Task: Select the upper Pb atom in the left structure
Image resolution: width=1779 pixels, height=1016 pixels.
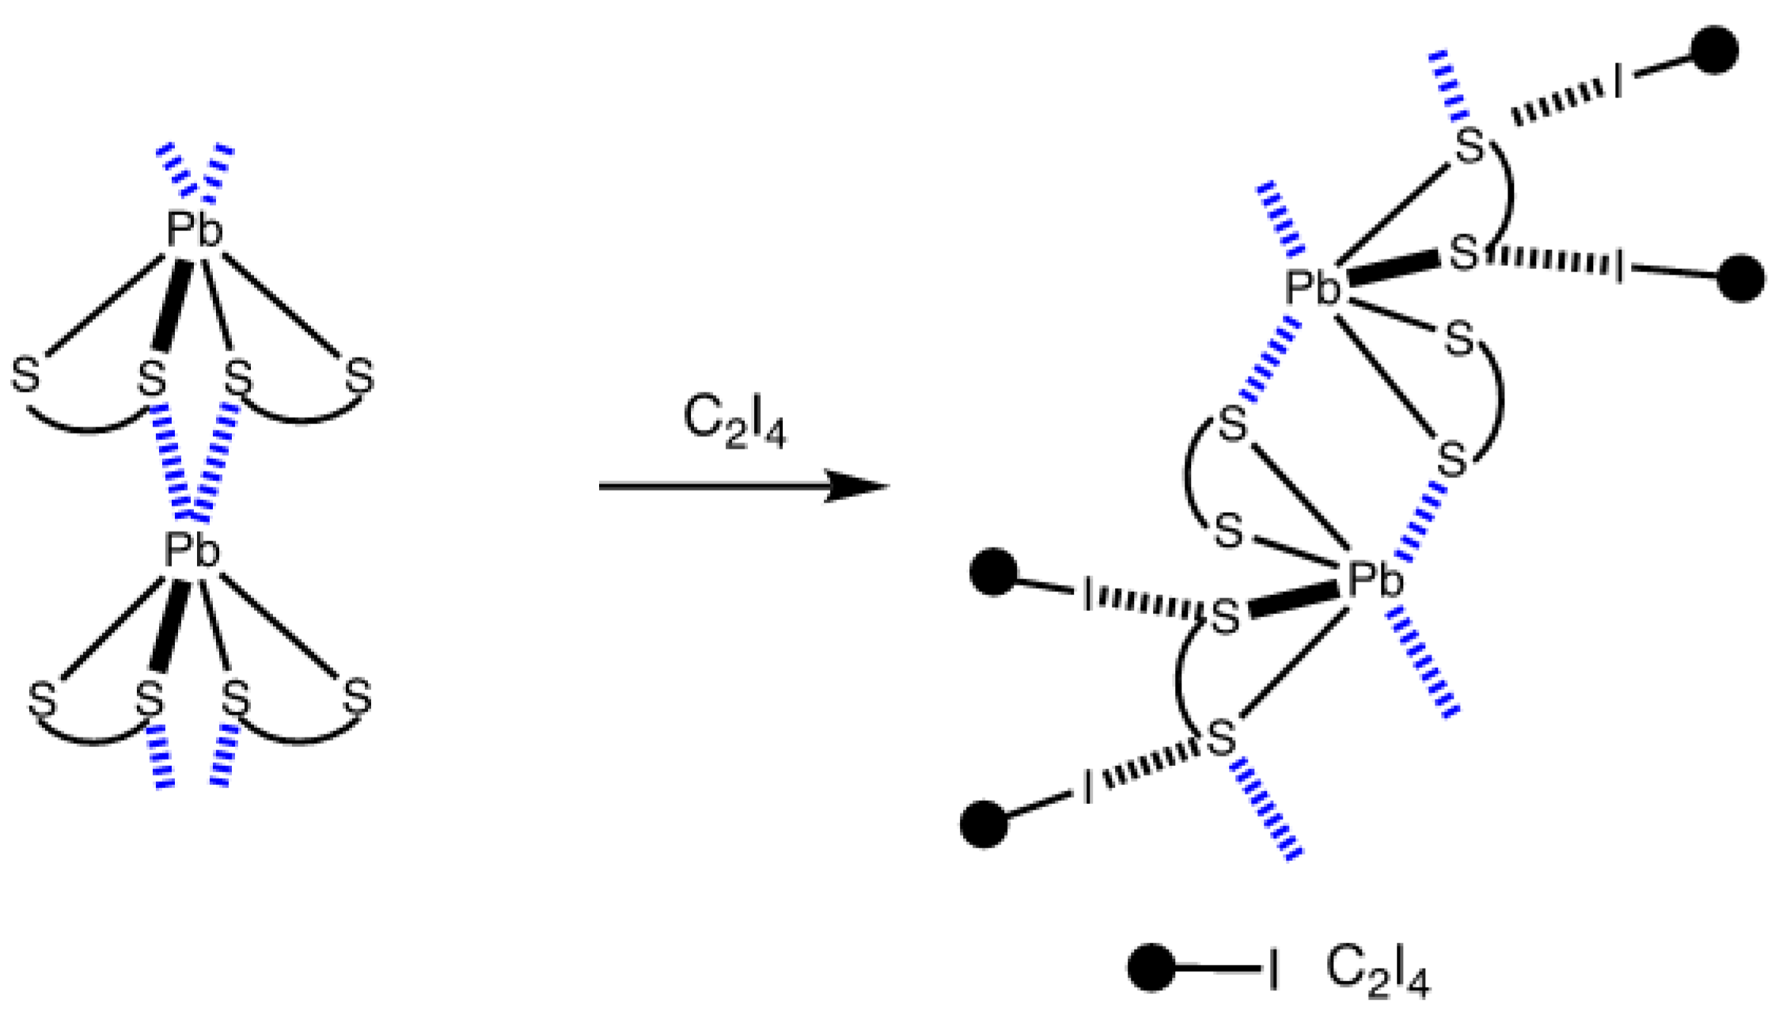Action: [x=195, y=231]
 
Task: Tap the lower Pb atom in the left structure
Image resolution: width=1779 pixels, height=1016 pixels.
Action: [x=192, y=551]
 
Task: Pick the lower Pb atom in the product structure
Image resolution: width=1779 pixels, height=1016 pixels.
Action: [x=1375, y=580]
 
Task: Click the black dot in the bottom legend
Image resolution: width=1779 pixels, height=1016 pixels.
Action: [x=1151, y=967]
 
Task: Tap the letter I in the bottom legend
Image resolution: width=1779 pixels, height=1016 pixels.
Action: [x=1273, y=969]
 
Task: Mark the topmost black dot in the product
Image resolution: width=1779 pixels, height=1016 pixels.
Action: [x=1714, y=51]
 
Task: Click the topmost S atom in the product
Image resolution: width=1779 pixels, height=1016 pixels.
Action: [x=1470, y=147]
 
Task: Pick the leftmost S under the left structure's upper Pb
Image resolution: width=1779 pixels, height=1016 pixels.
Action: [x=25, y=375]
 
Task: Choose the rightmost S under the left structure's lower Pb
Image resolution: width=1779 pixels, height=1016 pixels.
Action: [x=358, y=696]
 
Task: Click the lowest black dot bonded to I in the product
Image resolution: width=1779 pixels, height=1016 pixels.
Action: [x=984, y=824]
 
